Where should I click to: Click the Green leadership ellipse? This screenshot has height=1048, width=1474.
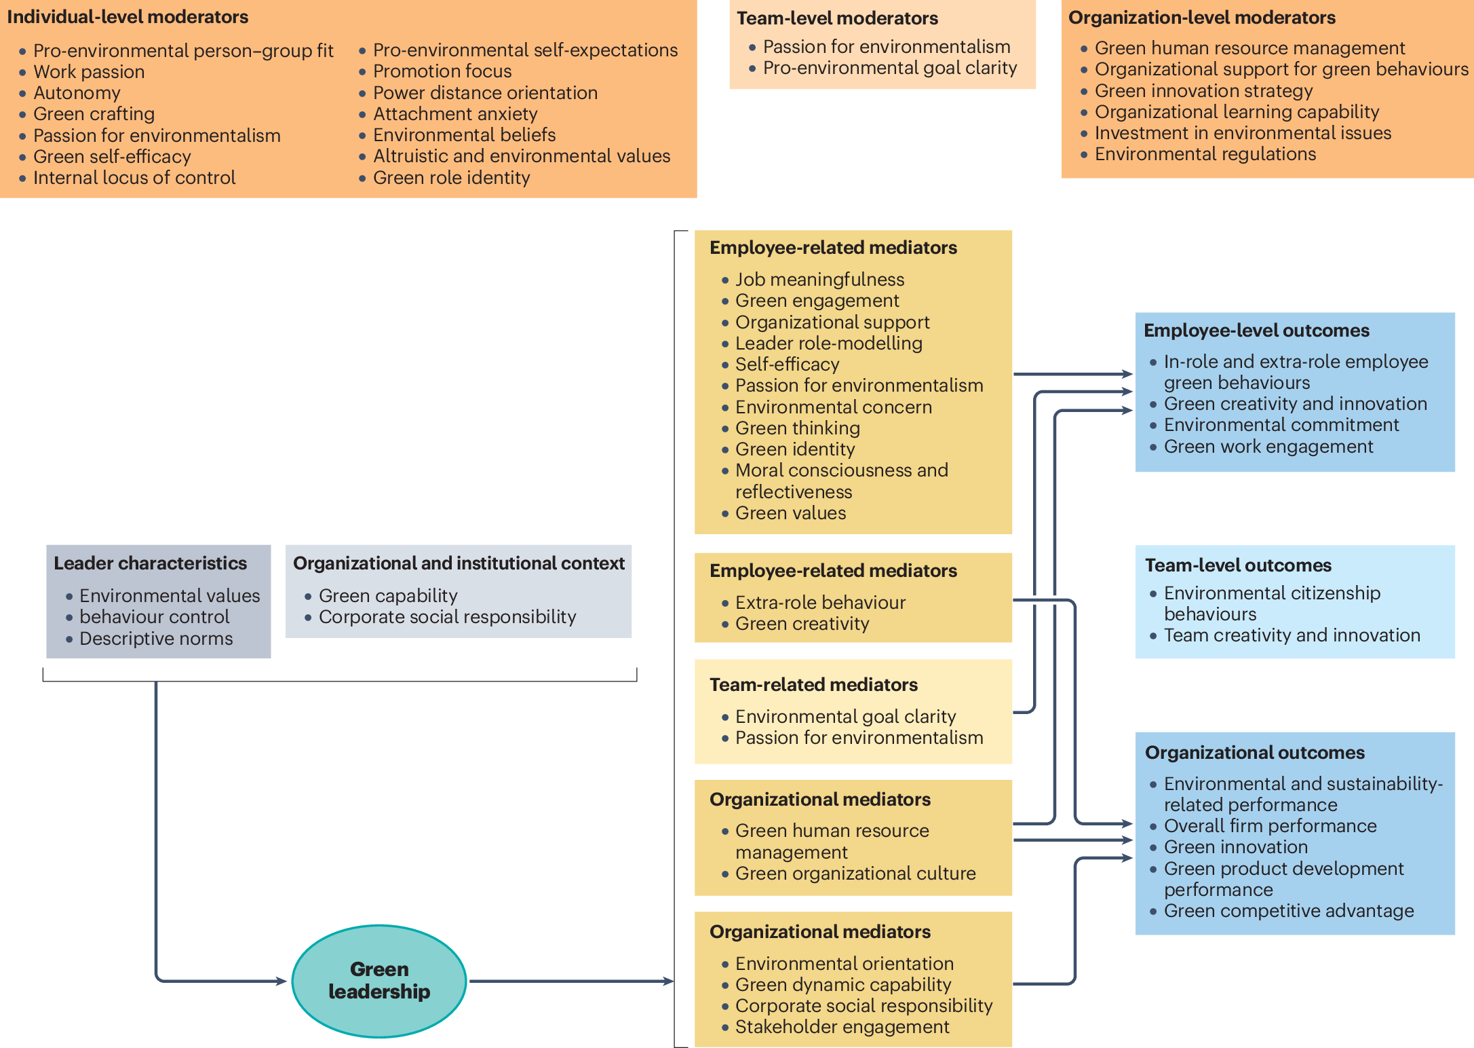379,980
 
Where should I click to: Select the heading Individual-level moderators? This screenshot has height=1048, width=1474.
128,17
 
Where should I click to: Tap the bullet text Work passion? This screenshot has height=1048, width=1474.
89,72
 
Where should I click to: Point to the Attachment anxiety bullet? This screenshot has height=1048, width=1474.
454,114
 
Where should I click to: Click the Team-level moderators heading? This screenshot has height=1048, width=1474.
837,18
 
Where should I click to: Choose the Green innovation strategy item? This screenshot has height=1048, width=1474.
1203,91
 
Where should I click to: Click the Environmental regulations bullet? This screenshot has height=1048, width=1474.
1205,154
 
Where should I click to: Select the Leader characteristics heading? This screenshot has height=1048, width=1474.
150,563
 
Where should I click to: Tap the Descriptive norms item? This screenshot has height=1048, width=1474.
156,639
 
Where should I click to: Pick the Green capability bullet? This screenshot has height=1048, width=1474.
388,596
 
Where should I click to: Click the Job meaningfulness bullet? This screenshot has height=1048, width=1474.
819,280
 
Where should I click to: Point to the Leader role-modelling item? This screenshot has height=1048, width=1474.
828,343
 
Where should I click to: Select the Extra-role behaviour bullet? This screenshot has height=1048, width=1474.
820,603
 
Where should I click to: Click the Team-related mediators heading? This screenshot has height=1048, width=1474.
813,685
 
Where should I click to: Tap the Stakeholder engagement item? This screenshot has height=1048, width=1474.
842,1027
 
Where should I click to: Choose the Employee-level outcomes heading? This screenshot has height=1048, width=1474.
1256,331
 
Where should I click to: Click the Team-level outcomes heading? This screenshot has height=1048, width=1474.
1238,565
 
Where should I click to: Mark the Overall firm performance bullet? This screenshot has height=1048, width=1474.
1270,826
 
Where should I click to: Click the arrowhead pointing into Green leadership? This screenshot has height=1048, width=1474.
281,981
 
